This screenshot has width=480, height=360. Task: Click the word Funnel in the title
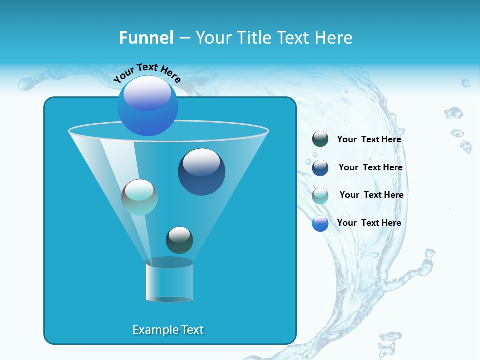[146, 38]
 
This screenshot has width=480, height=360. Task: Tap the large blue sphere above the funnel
[147, 106]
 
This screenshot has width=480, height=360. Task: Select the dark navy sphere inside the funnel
[201, 172]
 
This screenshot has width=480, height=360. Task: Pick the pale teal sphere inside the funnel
[139, 197]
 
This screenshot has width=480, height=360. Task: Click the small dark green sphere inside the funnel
[179, 240]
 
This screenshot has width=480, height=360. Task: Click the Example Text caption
[168, 330]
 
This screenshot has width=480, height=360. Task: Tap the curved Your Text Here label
[147, 73]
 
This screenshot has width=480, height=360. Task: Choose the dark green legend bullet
[320, 139]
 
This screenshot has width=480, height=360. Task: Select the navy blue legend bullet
[320, 168]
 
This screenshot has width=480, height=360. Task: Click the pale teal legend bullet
[320, 196]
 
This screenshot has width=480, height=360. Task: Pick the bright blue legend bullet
[320, 223]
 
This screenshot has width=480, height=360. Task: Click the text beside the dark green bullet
[369, 139]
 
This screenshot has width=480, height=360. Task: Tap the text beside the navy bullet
[370, 167]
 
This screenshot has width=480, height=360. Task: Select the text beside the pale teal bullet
[371, 195]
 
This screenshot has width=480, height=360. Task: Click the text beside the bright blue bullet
[369, 223]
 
